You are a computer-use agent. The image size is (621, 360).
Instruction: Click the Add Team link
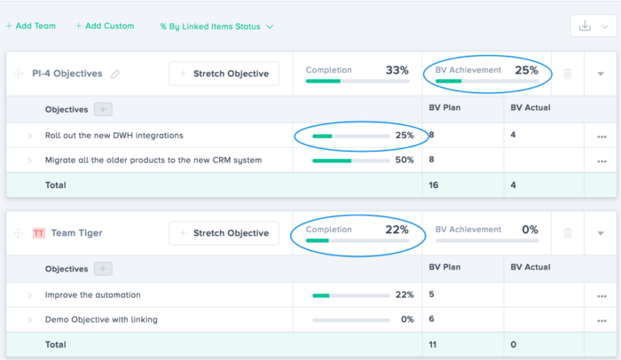pos(31,26)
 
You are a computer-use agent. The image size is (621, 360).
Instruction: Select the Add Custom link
pos(105,26)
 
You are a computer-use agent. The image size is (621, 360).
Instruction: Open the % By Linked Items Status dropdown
pos(216,27)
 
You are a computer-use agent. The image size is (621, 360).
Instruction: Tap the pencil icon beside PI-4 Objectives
pos(115,74)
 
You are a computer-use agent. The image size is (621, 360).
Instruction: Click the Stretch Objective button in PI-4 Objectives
pos(224,74)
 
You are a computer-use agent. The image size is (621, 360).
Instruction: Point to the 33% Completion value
pos(397,70)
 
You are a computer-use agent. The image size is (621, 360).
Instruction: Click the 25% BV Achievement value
pos(526,70)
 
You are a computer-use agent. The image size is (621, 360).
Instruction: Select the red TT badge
pos(38,233)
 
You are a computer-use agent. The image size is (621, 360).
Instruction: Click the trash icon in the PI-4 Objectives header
pos(568,74)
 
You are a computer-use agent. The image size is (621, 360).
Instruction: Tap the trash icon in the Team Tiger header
pos(568,233)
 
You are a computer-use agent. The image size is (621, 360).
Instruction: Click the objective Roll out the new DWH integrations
pos(114,136)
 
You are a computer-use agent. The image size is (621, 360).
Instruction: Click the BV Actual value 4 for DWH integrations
pos(514,136)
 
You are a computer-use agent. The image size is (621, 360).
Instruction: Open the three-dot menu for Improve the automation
pos(601,295)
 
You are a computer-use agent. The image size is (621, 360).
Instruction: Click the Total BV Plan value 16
pos(435,185)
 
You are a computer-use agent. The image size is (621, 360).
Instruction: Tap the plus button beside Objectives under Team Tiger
pos(103,269)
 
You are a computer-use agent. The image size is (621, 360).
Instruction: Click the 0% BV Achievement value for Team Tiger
pos(530,230)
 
